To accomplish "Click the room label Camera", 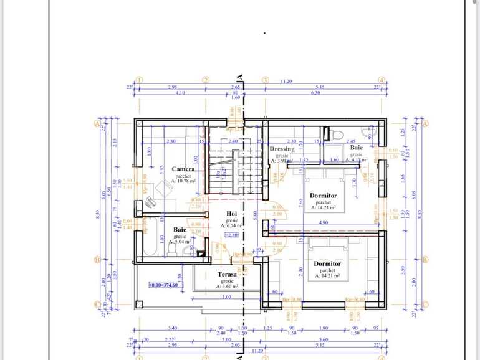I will [183, 169].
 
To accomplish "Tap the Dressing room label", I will [282, 149].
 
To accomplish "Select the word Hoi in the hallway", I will [231, 213].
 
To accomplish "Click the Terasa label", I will [227, 274].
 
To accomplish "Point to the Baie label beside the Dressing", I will [356, 148].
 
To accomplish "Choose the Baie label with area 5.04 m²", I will [180, 230].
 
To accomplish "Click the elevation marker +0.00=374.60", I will [164, 285].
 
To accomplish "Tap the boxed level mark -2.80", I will [231, 235].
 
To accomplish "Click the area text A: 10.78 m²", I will [184, 181].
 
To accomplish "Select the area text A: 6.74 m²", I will [231, 225].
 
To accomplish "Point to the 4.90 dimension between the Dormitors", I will [324, 222].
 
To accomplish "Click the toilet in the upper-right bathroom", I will [334, 134].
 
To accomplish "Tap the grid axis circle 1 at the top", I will [140, 80].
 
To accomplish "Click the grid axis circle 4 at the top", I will [382, 80].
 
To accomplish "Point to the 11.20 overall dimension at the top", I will [286, 81].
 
